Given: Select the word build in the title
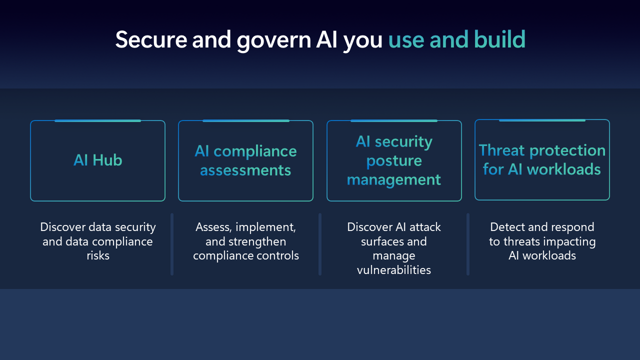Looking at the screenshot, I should tap(499, 39).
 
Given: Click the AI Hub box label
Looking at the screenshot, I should tap(97, 160).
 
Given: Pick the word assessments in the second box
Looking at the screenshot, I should tap(245, 170).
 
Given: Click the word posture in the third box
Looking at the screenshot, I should tap(394, 161).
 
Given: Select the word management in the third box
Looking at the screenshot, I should tap(394, 179).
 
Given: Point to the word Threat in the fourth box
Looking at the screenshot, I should tap(502, 150).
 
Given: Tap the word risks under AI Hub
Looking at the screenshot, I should tap(97, 255).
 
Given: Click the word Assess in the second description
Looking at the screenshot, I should tap(213, 227).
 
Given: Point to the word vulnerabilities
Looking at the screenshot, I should tap(394, 270).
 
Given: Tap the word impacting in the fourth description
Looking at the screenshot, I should tap(569, 241).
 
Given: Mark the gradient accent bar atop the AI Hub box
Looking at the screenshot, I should tap(97, 121).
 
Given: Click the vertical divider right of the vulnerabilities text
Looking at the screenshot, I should tap(468, 244).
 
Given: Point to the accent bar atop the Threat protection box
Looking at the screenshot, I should tap(542, 120).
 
